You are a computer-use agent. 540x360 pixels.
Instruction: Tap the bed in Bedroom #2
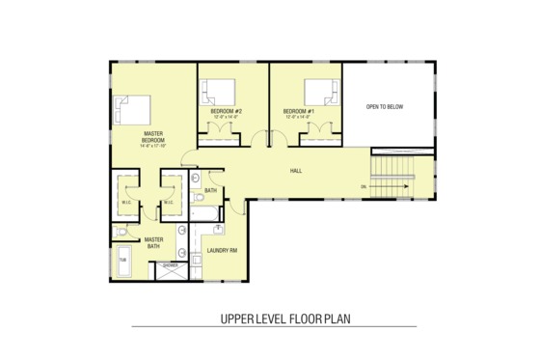218,92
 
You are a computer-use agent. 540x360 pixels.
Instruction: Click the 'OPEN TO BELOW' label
384,106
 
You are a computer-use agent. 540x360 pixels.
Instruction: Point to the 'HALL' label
297,172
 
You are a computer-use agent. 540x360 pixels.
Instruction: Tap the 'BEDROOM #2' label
226,111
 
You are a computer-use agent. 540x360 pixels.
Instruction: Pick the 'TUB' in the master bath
123,261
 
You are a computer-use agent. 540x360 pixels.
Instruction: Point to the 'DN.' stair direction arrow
364,186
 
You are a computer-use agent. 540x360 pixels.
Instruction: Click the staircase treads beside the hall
395,180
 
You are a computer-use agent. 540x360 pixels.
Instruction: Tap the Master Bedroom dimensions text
153,147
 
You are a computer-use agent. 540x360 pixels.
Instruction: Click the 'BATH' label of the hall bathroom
210,191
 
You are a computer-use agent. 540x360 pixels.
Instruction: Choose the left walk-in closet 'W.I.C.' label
127,203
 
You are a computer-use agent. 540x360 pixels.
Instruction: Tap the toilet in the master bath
121,232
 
